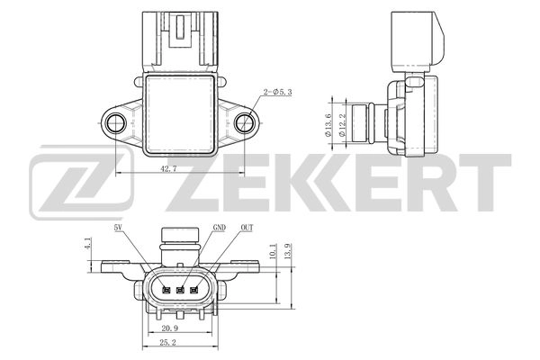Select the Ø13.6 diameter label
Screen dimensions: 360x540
click(x=329, y=121)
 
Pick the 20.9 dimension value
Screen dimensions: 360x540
click(x=182, y=328)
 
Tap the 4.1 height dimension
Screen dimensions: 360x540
click(x=88, y=243)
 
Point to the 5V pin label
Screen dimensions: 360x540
click(x=118, y=229)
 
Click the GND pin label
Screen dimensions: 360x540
click(x=220, y=229)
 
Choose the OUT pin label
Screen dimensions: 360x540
click(x=247, y=229)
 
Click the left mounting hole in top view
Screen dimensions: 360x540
click(x=114, y=121)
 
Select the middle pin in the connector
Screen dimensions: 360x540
click(x=181, y=289)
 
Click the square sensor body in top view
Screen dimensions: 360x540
click(x=180, y=110)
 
